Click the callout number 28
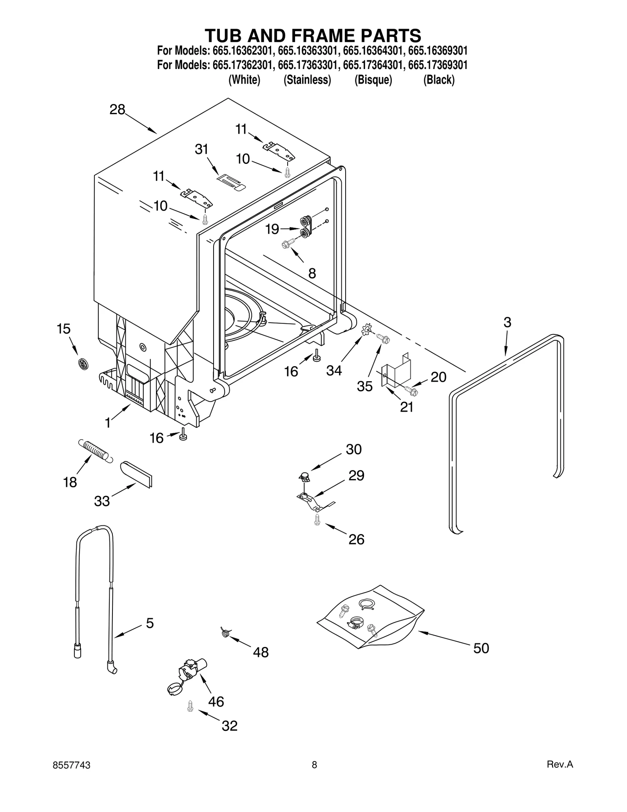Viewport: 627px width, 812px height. coord(117,109)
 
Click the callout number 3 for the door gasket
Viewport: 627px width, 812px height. coord(507,322)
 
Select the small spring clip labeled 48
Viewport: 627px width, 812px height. coord(225,632)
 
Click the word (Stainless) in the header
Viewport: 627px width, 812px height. coord(307,80)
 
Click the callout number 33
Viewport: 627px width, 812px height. coord(102,501)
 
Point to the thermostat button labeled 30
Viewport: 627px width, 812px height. coord(304,477)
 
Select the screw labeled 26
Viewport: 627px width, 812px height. coord(317,520)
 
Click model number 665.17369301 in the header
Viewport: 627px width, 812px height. coord(438,65)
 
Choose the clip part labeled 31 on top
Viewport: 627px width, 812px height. coord(231,183)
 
